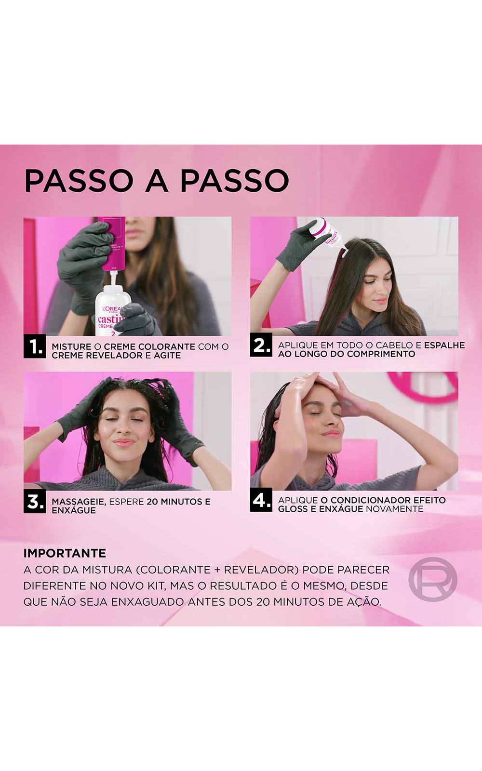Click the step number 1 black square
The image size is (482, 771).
tap(35, 346)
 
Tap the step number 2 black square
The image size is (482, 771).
tap(261, 345)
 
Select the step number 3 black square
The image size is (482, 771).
tap(35, 502)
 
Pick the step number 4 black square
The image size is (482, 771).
tap(261, 500)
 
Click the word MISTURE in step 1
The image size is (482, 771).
tap(72, 346)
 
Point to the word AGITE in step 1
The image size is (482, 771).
tap(167, 356)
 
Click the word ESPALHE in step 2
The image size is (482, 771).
tap(444, 345)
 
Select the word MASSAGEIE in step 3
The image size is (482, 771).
tap(79, 502)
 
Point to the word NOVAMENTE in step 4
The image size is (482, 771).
tap(395, 509)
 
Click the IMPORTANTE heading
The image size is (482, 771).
tap(65, 554)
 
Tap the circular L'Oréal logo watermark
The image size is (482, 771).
tap(433, 579)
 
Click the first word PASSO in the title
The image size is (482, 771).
tap(79, 181)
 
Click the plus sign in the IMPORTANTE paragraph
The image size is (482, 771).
tap(216, 570)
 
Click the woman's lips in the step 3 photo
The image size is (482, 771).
tap(124, 442)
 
